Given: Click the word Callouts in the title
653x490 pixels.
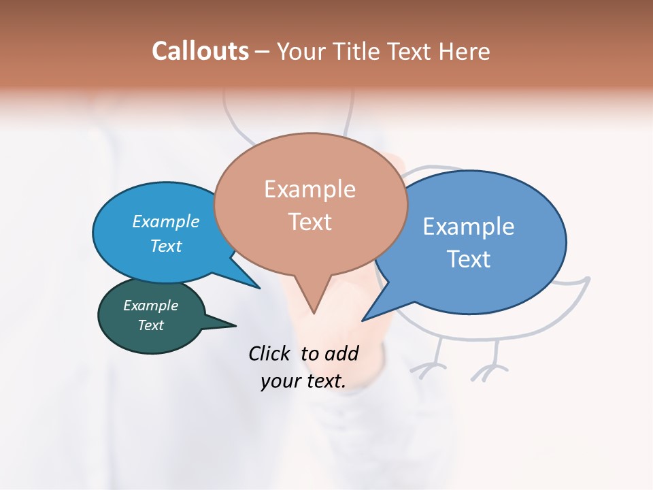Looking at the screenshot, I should (x=200, y=51).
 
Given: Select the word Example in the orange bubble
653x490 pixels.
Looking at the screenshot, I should (x=309, y=189).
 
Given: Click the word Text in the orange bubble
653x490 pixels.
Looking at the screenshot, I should (x=309, y=221).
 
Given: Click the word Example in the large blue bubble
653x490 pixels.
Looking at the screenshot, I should (x=469, y=227).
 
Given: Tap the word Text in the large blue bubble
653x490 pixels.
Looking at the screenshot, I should (x=469, y=259).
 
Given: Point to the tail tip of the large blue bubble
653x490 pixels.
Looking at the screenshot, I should (x=363, y=320).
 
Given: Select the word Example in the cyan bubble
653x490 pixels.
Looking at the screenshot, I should (x=166, y=221).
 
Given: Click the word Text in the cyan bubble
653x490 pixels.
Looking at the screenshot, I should (x=166, y=246).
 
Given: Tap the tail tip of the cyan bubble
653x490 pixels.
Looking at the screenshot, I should (x=259, y=288).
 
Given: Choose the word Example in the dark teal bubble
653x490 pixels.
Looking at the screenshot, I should (x=150, y=306).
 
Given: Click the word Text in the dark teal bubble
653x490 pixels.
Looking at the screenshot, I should (x=150, y=325).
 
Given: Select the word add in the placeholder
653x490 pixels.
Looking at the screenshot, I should (x=341, y=353).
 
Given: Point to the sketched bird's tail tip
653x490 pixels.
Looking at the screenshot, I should (x=588, y=278).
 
